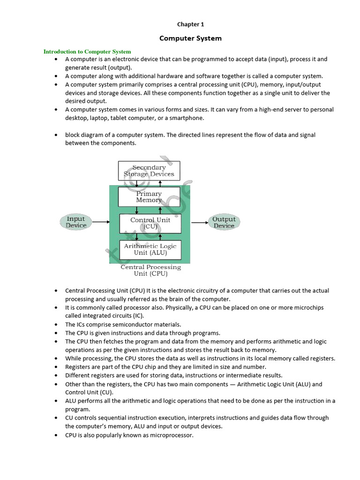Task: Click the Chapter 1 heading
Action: pos(190,24)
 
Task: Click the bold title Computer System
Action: pos(190,38)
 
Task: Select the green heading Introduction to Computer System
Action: pos(87,52)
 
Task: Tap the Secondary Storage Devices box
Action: pos(149,171)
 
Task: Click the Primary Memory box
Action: pos(149,196)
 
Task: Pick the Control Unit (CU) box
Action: pos(150,223)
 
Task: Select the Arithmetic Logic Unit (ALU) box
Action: pos(150,249)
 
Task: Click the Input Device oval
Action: pos(76,222)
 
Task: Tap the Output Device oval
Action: pos(224,222)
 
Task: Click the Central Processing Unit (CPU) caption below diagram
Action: pos(150,270)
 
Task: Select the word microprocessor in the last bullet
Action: pos(171,435)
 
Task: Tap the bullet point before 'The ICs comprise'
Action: pos(56,324)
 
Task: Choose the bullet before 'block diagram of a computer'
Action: pos(56,135)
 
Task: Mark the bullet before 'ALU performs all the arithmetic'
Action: pos(56,401)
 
